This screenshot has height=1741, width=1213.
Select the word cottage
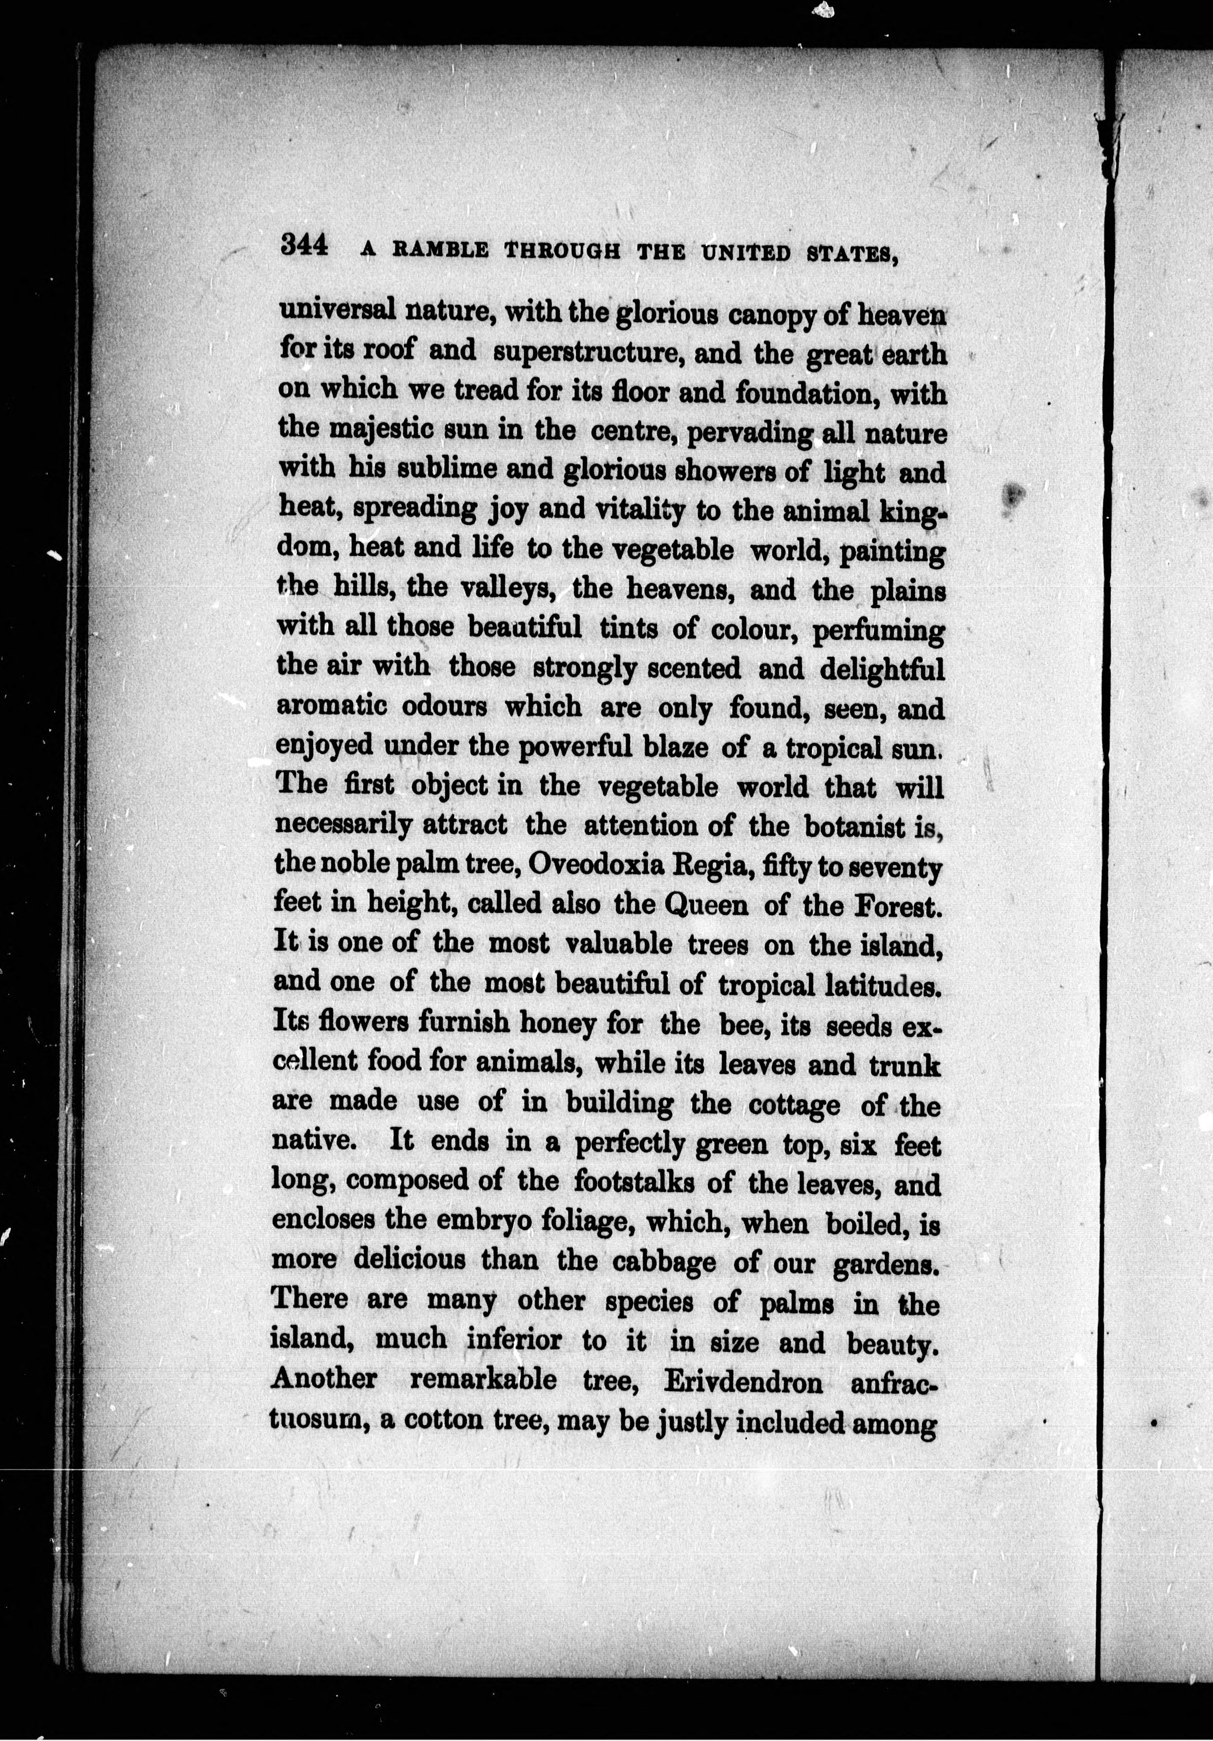tap(794, 1105)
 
